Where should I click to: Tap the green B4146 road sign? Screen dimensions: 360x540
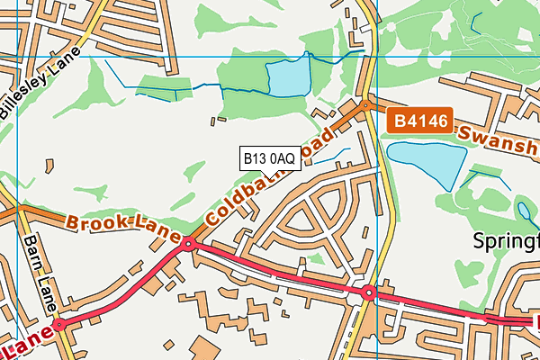point(419,121)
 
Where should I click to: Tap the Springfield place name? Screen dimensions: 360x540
point(508,241)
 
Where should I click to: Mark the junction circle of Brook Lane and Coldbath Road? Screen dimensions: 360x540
point(188,244)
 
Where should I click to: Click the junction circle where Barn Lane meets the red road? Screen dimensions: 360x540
point(59,324)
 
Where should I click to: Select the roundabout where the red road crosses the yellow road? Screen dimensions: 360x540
point(368,292)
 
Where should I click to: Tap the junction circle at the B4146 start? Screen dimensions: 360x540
point(365,106)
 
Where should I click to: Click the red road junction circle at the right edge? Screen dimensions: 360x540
point(490,318)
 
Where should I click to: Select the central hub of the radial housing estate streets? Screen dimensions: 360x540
point(305,219)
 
